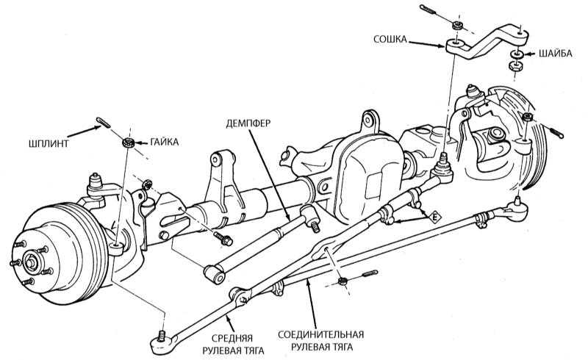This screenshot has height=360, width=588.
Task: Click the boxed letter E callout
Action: point(436,217)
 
